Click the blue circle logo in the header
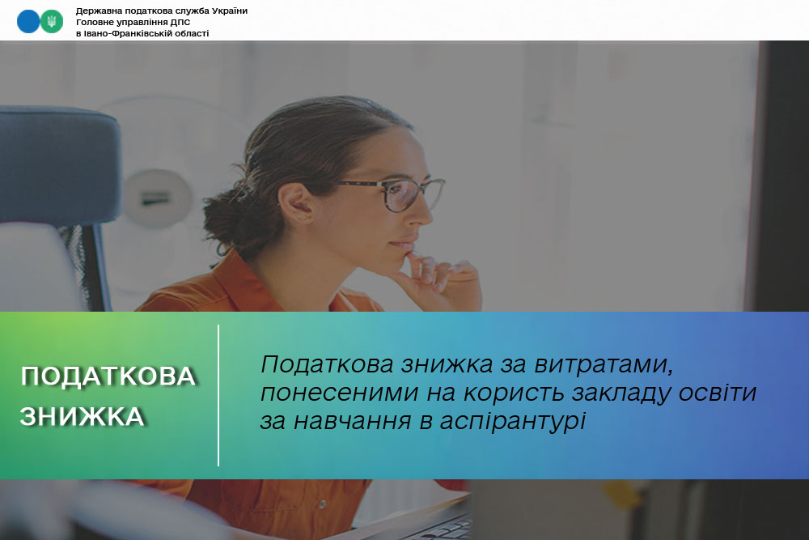(28, 22)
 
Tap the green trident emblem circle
(52, 22)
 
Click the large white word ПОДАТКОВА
(108, 376)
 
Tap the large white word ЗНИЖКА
(82, 416)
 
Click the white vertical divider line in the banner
(218, 395)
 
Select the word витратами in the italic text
(604, 364)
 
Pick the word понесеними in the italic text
(340, 393)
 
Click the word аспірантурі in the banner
(513, 421)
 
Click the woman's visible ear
(297, 203)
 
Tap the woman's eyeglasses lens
(400, 195)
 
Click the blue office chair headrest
(59, 165)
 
